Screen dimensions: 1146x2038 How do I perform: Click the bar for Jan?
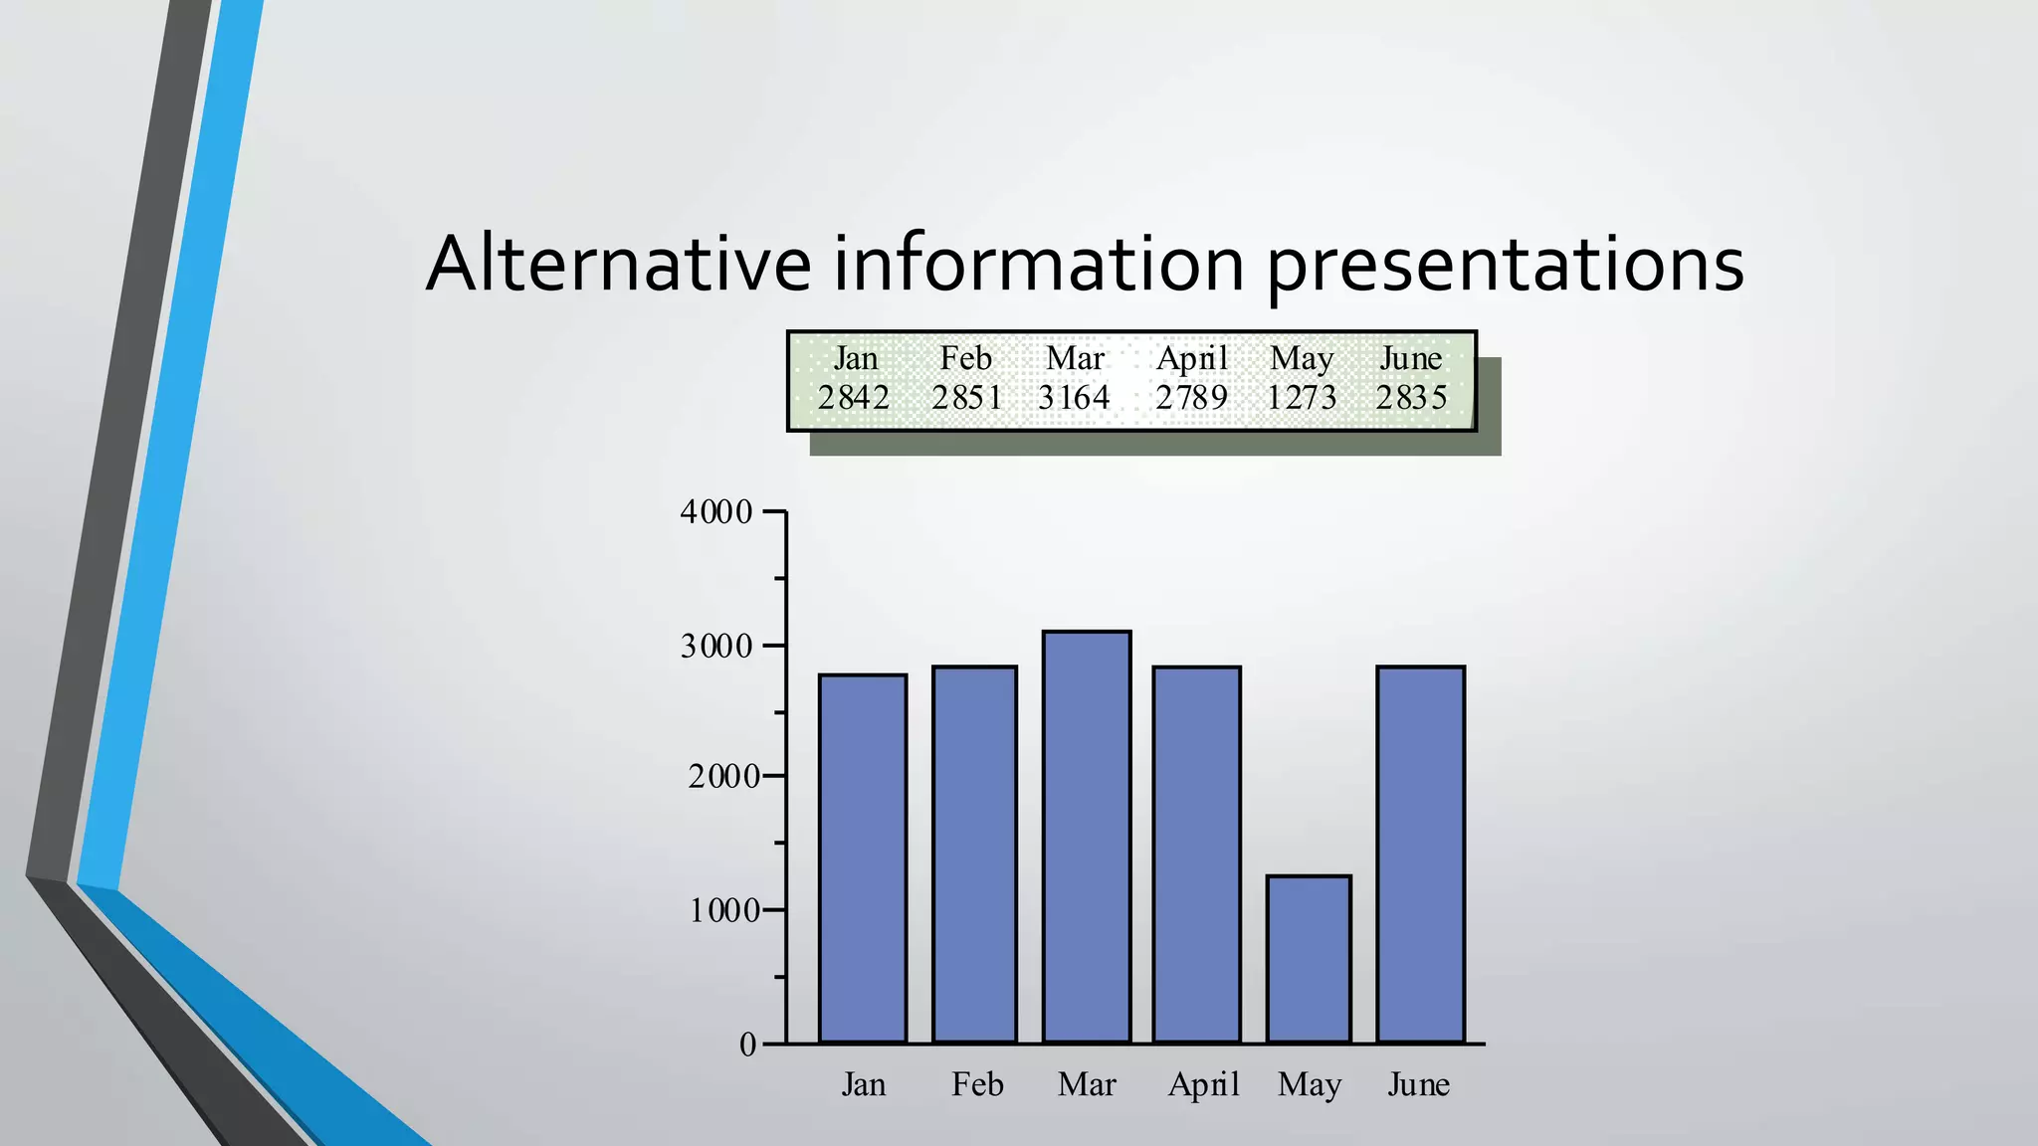pos(863,859)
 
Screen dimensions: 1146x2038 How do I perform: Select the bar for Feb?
pos(974,855)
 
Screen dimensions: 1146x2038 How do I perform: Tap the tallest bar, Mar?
pos(1087,837)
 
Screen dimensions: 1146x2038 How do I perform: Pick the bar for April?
pos(1196,855)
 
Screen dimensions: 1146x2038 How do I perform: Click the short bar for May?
pos(1309,959)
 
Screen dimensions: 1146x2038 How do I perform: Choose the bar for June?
pos(1420,855)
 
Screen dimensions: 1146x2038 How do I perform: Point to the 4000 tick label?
pos(716,512)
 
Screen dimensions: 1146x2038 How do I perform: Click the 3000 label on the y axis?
pos(716,647)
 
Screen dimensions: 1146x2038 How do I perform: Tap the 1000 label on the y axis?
pos(724,910)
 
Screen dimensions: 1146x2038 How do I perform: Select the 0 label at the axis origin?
pos(748,1045)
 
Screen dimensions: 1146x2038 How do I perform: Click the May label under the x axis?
pos(1310,1084)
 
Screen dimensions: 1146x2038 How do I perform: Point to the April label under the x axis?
pos(1204,1084)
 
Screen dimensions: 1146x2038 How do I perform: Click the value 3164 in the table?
pos(1074,398)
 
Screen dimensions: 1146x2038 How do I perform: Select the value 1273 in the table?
pos(1302,398)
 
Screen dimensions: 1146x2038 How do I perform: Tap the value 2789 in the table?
pos(1192,398)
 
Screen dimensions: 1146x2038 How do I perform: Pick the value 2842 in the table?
pos(854,398)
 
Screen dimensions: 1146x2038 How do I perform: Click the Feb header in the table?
pos(966,358)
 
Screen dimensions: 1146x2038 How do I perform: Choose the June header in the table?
pos(1411,358)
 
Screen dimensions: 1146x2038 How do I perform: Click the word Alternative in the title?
pos(618,264)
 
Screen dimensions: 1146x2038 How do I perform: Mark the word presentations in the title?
pos(1505,266)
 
